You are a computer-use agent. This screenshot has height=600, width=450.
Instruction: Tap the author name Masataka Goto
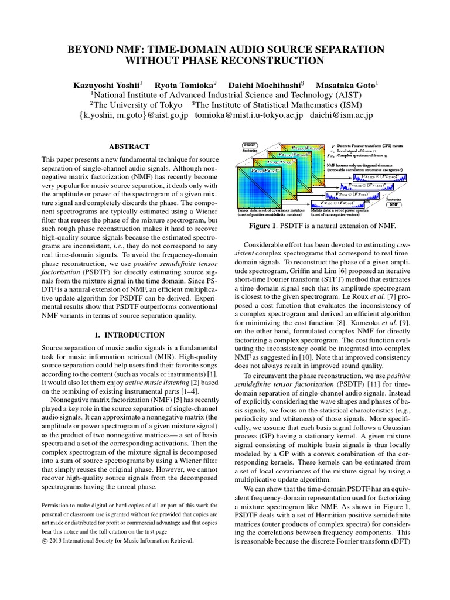point(346,85)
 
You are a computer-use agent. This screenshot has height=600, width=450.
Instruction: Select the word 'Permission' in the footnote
point(61,505)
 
